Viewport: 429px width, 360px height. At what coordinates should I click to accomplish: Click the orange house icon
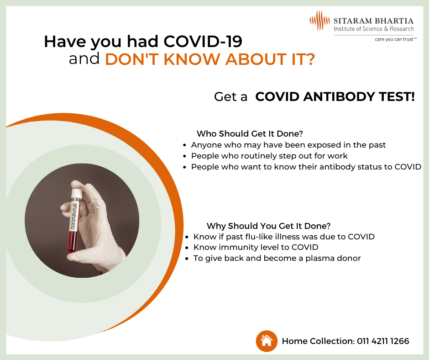click(267, 341)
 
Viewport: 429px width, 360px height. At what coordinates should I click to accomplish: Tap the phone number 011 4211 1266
click(383, 341)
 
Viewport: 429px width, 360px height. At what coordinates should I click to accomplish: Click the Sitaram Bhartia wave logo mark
click(319, 20)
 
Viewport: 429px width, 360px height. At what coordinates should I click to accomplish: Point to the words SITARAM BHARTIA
click(373, 21)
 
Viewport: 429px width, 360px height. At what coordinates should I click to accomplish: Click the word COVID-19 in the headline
click(203, 42)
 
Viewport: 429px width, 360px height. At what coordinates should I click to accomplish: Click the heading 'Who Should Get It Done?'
click(250, 134)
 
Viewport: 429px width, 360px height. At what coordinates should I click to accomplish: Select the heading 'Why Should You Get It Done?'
click(268, 226)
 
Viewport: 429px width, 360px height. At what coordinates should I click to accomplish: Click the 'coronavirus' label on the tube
click(74, 216)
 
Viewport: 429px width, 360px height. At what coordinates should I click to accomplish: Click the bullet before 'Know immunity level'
click(187, 248)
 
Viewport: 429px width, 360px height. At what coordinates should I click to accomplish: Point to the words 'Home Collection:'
click(318, 341)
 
